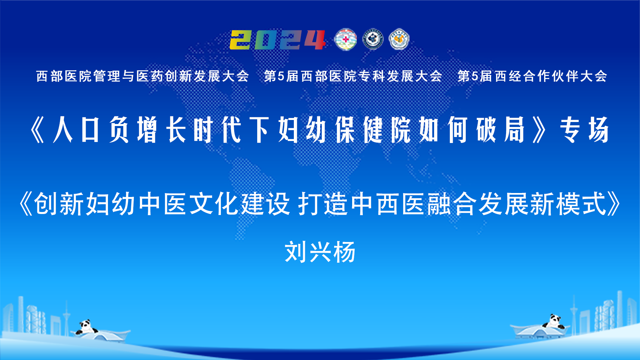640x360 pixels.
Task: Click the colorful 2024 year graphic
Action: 278,40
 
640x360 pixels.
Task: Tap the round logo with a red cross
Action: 345,40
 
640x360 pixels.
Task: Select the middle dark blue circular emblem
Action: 373,39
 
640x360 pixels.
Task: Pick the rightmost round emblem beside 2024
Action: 399,39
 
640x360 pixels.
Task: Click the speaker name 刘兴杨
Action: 320,252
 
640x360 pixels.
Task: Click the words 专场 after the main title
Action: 584,130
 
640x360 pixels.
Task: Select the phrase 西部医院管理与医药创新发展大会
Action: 143,76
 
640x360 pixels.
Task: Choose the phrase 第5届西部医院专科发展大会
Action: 353,76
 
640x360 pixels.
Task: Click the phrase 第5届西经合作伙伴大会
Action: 532,76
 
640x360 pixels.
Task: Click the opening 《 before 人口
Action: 37,130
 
